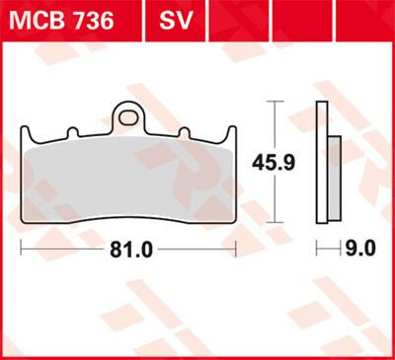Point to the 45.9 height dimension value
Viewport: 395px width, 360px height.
pyautogui.click(x=296, y=162)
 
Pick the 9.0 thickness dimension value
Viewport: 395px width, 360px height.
pyautogui.click(x=360, y=250)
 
